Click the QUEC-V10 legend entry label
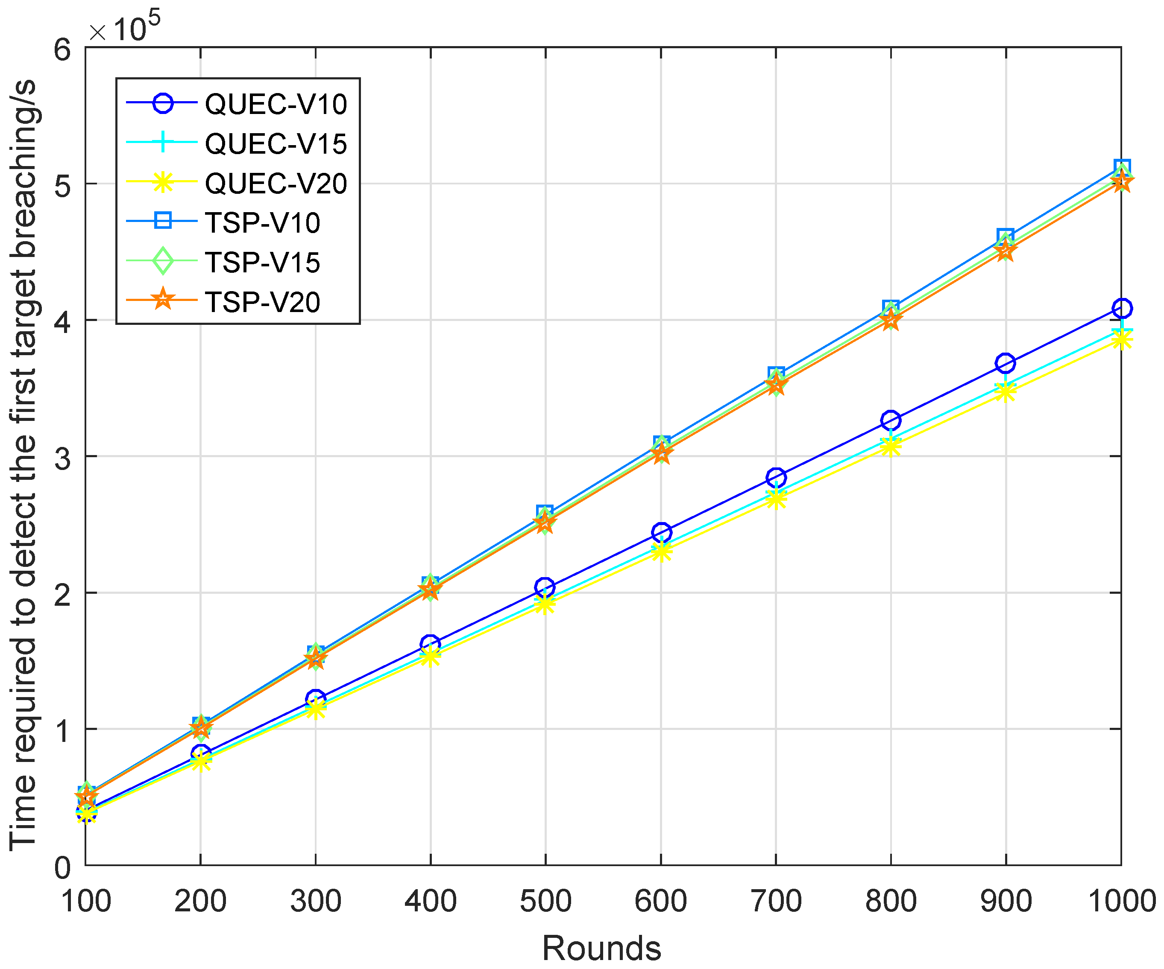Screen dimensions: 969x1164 (276, 104)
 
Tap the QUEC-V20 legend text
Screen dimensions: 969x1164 (276, 184)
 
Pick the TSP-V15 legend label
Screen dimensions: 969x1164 (263, 263)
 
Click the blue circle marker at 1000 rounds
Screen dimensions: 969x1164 (1121, 308)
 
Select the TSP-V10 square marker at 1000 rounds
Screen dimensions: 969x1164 (1121, 167)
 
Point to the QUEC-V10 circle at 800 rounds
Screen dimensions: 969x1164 (891, 420)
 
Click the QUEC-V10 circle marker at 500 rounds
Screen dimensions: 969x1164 (545, 587)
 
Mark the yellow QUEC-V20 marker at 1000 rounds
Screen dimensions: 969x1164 (1121, 339)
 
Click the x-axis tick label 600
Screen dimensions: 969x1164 (661, 901)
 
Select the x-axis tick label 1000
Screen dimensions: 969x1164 (1121, 901)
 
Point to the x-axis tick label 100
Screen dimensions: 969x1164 (86, 901)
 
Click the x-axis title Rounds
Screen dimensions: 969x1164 (601, 948)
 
